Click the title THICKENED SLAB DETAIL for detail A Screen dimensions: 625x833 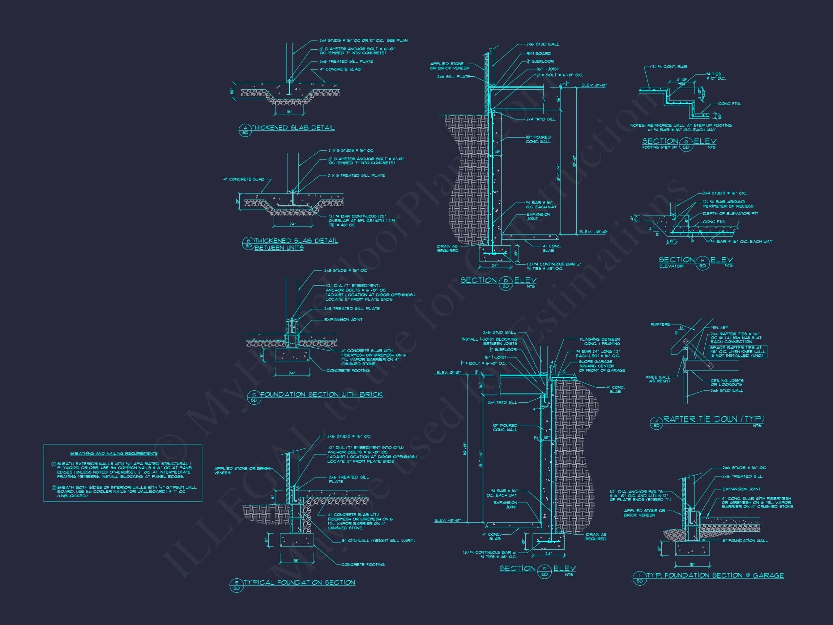(x=292, y=128)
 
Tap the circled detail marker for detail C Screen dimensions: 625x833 (x=254, y=397)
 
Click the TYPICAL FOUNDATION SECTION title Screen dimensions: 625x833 (x=299, y=582)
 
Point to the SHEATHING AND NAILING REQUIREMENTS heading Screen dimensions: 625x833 (x=114, y=454)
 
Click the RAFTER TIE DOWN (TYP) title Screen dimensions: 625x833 (x=714, y=419)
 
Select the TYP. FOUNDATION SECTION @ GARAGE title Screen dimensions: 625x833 (x=715, y=575)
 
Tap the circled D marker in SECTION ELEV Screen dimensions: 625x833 (x=506, y=283)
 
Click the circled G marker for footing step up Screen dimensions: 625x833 (x=686, y=144)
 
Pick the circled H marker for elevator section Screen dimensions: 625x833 (x=702, y=263)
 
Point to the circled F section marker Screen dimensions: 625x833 (x=544, y=571)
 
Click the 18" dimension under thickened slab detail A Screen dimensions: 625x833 (x=289, y=112)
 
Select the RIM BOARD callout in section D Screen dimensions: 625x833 (x=538, y=54)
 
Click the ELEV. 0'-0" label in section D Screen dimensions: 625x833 (x=594, y=85)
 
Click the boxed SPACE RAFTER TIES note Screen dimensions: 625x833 (x=738, y=352)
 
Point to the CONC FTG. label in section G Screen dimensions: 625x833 (x=729, y=103)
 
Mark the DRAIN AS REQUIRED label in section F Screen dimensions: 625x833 (x=596, y=536)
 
